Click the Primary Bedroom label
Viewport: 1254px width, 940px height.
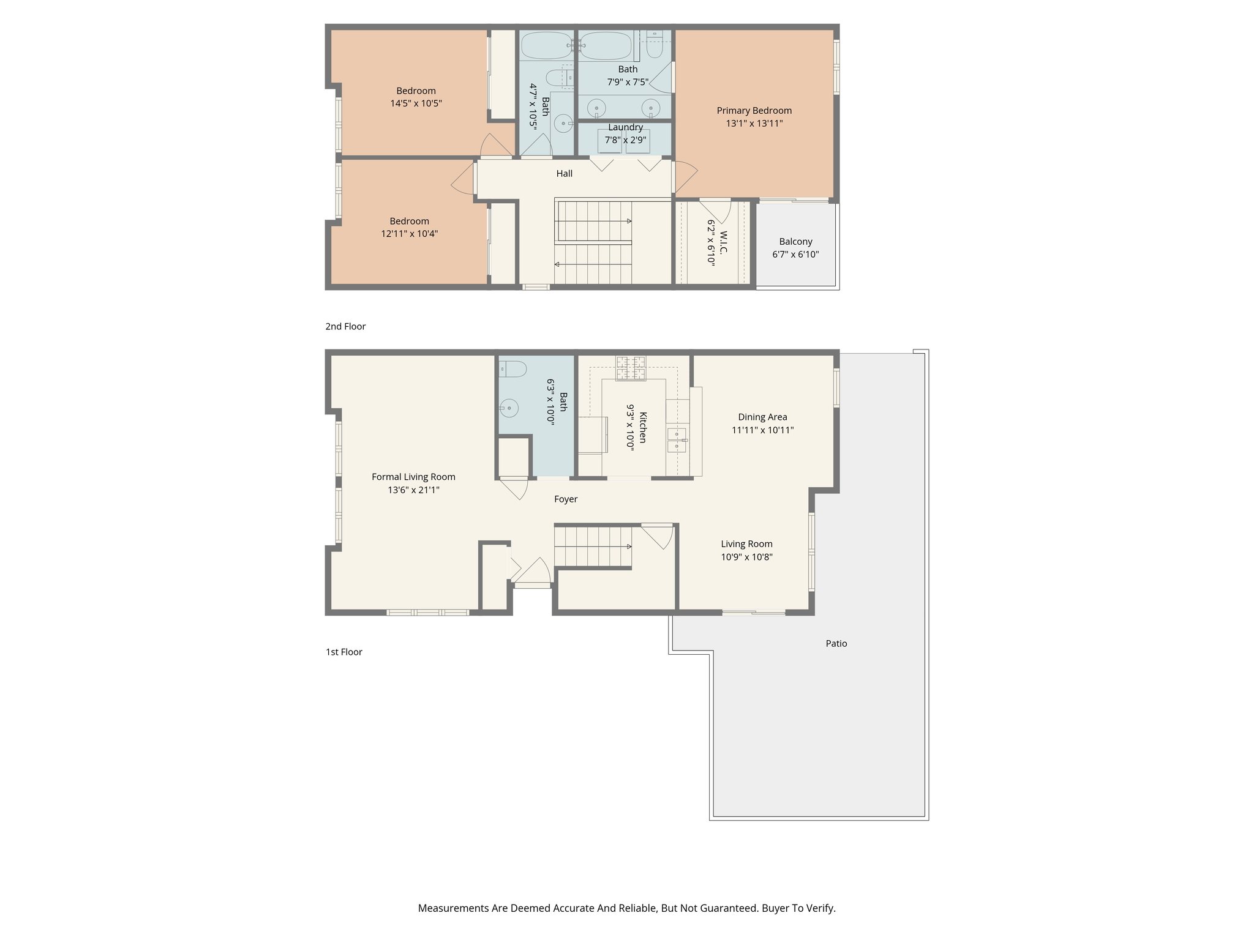[x=754, y=111]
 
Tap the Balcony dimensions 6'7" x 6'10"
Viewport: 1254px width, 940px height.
[x=795, y=255]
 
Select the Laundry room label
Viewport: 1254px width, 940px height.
[x=625, y=127]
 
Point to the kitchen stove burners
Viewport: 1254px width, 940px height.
[x=630, y=368]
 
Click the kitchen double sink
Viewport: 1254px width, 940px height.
[x=677, y=440]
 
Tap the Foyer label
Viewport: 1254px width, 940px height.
[x=566, y=499]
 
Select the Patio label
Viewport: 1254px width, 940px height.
[x=836, y=644]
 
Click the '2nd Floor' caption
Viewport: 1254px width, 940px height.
[x=345, y=327]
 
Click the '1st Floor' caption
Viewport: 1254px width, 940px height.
[x=344, y=652]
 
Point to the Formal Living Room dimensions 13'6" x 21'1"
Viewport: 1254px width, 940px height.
[x=413, y=490]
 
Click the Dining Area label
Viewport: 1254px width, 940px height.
[x=762, y=417]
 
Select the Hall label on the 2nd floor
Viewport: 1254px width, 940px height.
[x=564, y=174]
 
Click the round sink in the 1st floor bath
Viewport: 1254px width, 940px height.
[x=509, y=408]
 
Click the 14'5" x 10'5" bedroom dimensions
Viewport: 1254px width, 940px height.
[x=416, y=104]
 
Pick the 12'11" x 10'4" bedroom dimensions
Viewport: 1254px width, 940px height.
[x=409, y=234]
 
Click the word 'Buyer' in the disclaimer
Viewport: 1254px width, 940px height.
[x=775, y=908]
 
